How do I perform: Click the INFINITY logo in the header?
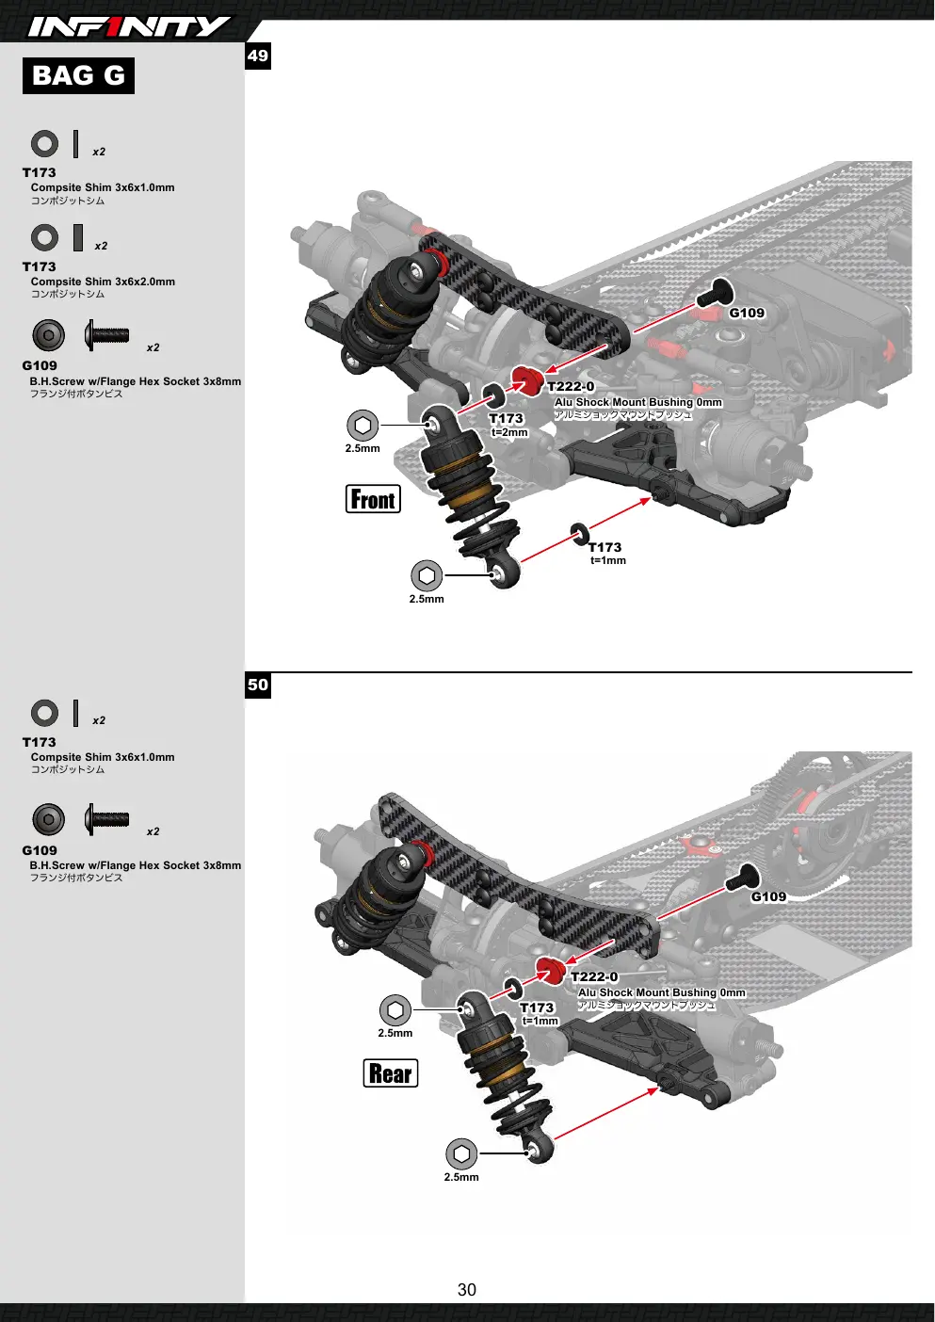[129, 26]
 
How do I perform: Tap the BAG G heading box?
[78, 75]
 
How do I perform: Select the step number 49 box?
[258, 56]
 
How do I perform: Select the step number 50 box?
[258, 685]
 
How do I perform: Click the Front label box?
[373, 499]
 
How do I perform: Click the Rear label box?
[391, 1072]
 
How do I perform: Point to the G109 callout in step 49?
[747, 313]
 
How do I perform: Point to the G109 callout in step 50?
[768, 896]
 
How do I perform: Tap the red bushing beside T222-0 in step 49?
[527, 379]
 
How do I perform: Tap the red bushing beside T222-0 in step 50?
[551, 971]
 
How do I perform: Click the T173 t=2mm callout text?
[508, 425]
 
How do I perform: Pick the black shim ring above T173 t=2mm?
[493, 395]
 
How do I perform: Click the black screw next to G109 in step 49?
[715, 292]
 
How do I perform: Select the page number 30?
[467, 1290]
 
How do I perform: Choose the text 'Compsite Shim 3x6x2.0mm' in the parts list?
[103, 282]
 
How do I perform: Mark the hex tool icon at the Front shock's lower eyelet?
[427, 575]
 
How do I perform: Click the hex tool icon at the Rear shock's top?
[395, 1009]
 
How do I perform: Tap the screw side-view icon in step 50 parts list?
[106, 819]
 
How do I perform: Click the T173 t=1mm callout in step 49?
[606, 553]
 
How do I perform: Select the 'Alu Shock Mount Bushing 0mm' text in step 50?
[662, 992]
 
